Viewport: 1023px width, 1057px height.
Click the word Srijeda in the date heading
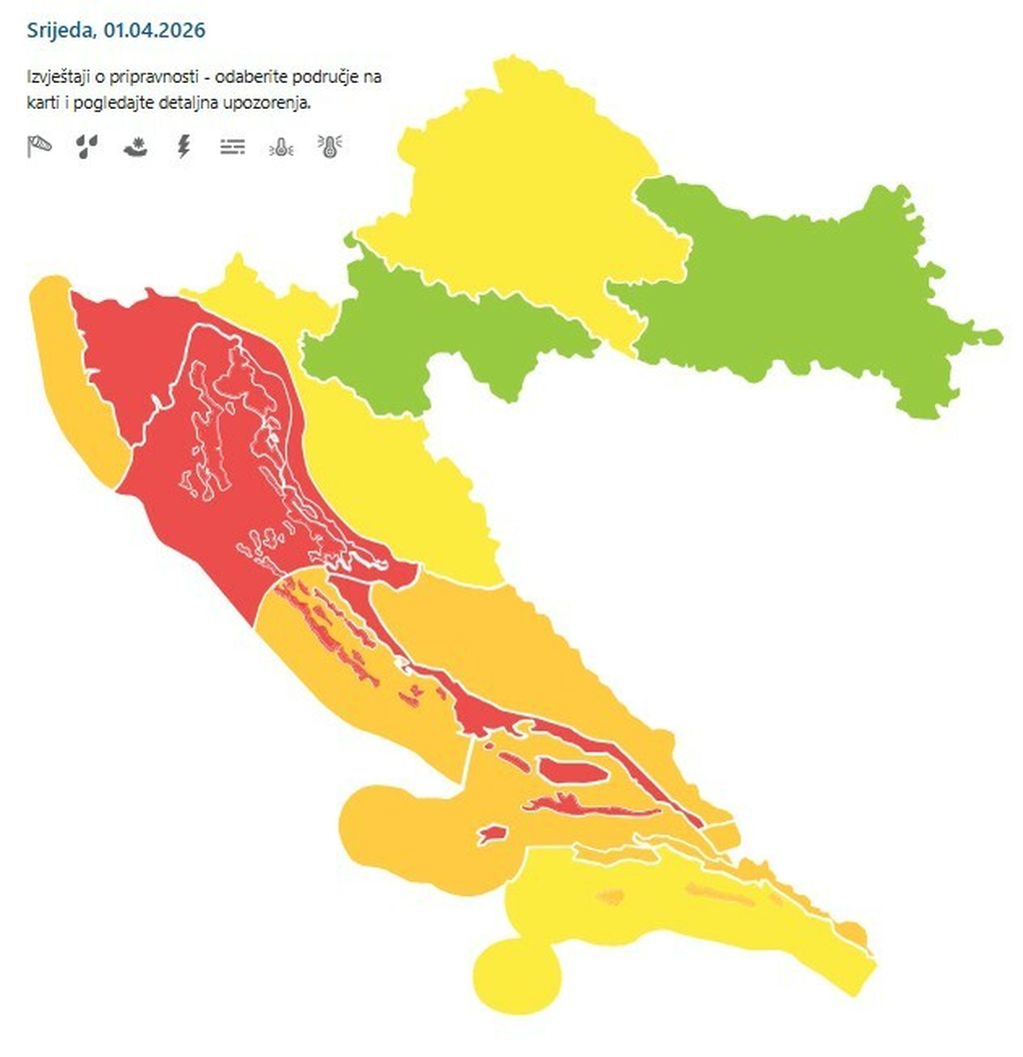(61, 30)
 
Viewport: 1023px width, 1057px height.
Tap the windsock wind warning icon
(38, 147)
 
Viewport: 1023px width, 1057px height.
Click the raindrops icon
(88, 147)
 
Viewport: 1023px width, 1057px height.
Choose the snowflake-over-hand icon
(136, 147)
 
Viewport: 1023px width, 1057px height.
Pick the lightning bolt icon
(183, 147)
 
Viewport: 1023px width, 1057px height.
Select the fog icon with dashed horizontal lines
(232, 147)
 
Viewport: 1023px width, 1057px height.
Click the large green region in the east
(799, 290)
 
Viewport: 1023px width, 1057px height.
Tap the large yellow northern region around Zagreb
(510, 200)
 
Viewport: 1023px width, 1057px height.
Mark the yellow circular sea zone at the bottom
(515, 974)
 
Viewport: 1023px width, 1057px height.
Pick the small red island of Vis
(493, 833)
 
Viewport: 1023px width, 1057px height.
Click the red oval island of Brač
(570, 770)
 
